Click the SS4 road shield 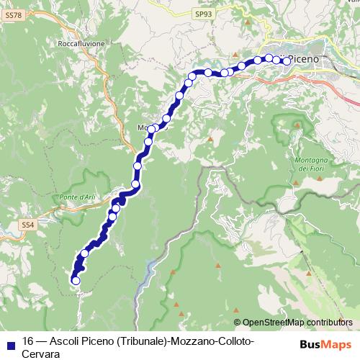click(27, 225)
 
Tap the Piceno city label click(307, 59)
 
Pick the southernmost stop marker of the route click(76, 281)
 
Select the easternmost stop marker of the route click(287, 61)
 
